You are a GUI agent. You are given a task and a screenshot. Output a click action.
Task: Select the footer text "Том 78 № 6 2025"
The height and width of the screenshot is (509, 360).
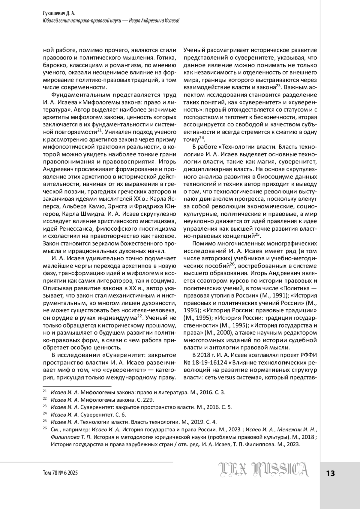point(61,473)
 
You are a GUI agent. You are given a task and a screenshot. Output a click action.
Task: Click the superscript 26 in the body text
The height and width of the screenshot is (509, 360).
point(232,264)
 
